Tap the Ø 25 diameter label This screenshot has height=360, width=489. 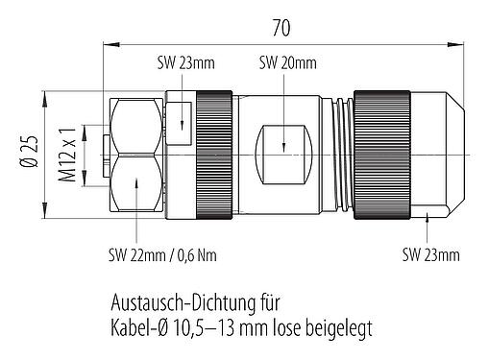tap(31, 155)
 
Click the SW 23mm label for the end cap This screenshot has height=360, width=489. tap(429, 254)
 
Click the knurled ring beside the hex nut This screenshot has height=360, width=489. tap(211, 154)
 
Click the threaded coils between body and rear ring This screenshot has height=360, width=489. tap(338, 154)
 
